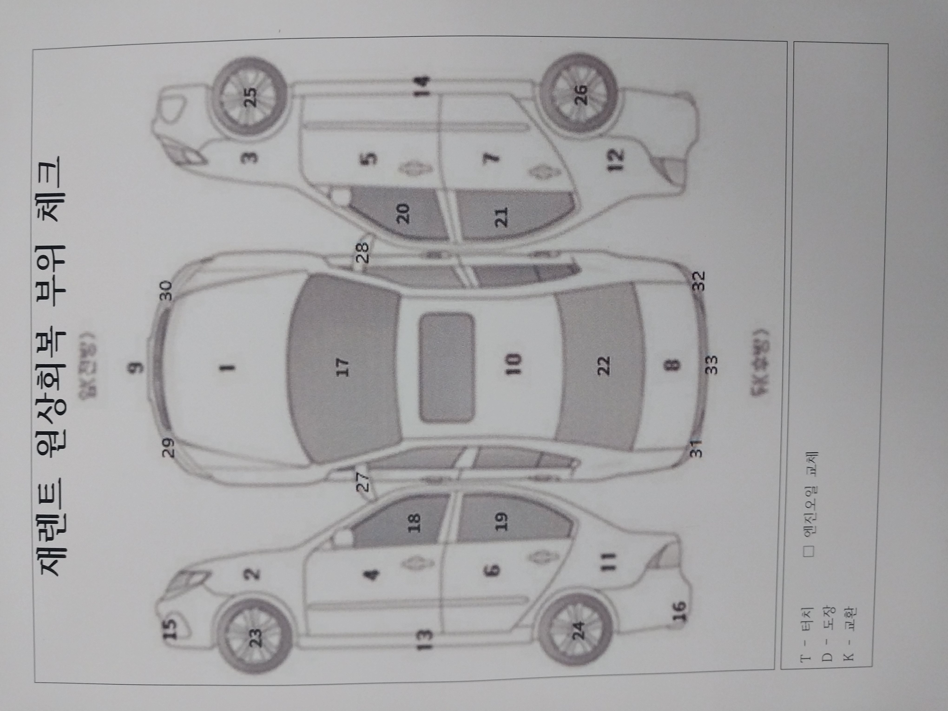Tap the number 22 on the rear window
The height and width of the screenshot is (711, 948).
point(603,365)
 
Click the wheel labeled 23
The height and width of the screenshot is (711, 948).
point(255,633)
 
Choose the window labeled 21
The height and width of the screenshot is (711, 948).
point(501,217)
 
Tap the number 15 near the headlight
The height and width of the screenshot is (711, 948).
point(171,630)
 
